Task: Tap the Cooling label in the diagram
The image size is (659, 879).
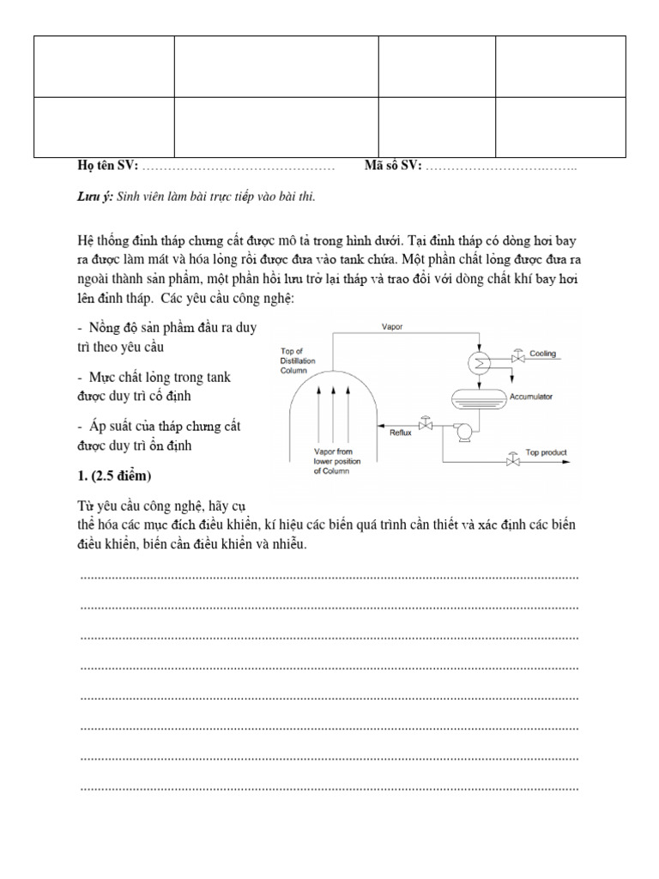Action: (542, 353)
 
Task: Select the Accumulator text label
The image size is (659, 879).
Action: (530, 397)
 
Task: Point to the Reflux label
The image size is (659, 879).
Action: (401, 433)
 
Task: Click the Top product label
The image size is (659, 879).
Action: (547, 452)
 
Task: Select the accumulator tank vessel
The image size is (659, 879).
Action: (477, 397)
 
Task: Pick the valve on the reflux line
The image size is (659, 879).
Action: (426, 424)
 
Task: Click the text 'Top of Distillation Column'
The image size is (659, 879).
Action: (299, 361)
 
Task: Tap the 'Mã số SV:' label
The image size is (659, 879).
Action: (393, 166)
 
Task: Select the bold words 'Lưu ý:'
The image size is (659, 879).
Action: (95, 197)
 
